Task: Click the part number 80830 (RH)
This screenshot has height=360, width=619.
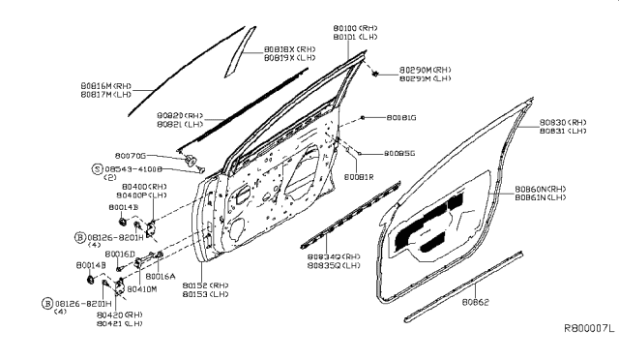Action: (x=565, y=123)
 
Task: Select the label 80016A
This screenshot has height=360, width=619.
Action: (x=160, y=276)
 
